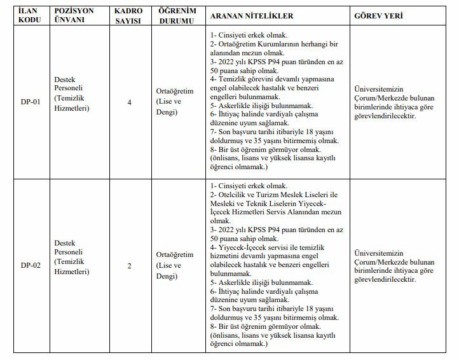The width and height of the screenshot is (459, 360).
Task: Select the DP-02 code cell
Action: click(31, 265)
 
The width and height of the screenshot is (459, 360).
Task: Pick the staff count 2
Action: click(130, 265)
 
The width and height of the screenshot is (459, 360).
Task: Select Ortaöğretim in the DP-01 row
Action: click(175, 92)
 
